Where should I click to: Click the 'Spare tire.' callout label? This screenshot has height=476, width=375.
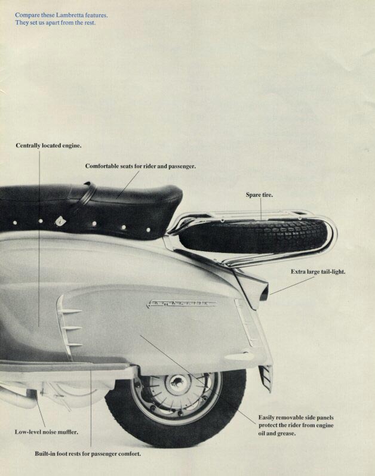click(x=259, y=194)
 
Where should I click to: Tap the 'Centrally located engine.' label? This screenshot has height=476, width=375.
click(x=49, y=145)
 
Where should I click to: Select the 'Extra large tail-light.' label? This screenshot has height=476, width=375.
click(x=318, y=271)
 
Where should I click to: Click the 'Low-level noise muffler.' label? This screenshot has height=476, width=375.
click(x=46, y=431)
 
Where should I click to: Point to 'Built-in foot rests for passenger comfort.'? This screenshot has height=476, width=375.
click(x=88, y=454)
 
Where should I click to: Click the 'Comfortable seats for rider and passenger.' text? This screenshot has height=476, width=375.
click(x=140, y=166)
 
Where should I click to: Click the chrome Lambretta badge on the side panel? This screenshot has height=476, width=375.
click(x=182, y=303)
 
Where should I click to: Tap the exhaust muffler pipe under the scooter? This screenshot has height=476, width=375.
click(x=18, y=397)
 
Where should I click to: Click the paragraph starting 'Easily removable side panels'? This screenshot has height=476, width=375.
click(x=296, y=425)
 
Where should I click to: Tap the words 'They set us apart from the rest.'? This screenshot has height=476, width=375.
click(x=56, y=23)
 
